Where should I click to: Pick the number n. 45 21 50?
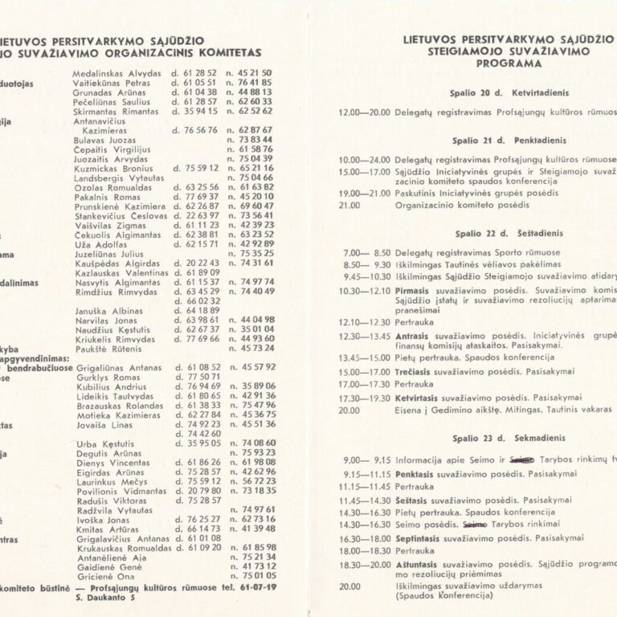tap(250, 72)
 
